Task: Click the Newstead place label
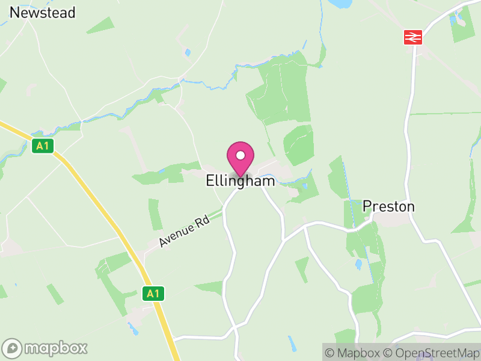click(42, 12)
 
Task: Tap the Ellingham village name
click(240, 180)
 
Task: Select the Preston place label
click(388, 206)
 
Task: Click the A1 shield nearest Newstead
click(41, 146)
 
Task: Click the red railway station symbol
click(412, 37)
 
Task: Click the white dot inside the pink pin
click(240, 155)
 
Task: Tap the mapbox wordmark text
click(56, 348)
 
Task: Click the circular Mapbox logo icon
click(13, 348)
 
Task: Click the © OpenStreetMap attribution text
click(430, 353)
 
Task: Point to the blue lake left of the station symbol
click(341, 4)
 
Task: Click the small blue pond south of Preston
click(360, 264)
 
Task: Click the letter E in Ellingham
click(210, 180)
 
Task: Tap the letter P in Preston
click(367, 206)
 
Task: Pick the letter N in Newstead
click(14, 12)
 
